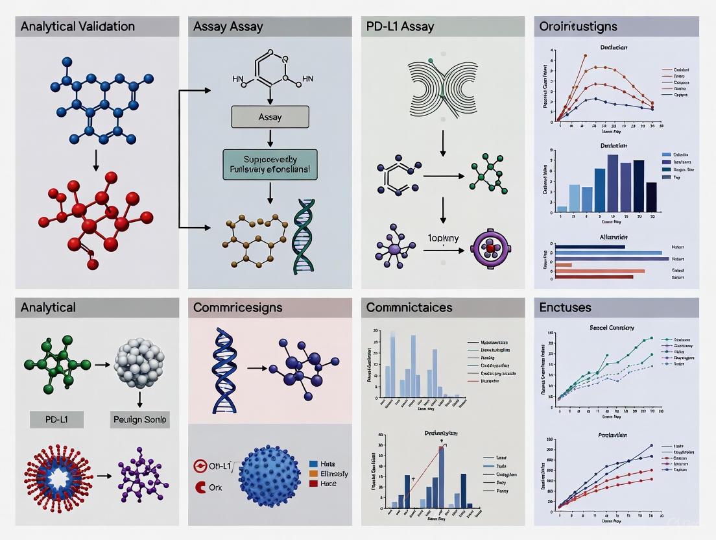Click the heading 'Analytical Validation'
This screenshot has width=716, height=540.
78,27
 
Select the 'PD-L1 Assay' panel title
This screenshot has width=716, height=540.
400,27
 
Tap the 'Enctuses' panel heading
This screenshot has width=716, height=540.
566,308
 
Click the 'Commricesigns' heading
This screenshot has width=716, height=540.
238,308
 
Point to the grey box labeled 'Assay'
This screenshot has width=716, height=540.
270,117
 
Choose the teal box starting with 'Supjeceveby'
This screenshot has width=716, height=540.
270,165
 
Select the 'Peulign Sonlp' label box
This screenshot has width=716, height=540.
140,420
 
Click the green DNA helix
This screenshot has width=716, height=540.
304,237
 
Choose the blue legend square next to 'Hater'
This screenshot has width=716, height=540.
313,464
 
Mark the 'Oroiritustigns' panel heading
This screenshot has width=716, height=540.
578,27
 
